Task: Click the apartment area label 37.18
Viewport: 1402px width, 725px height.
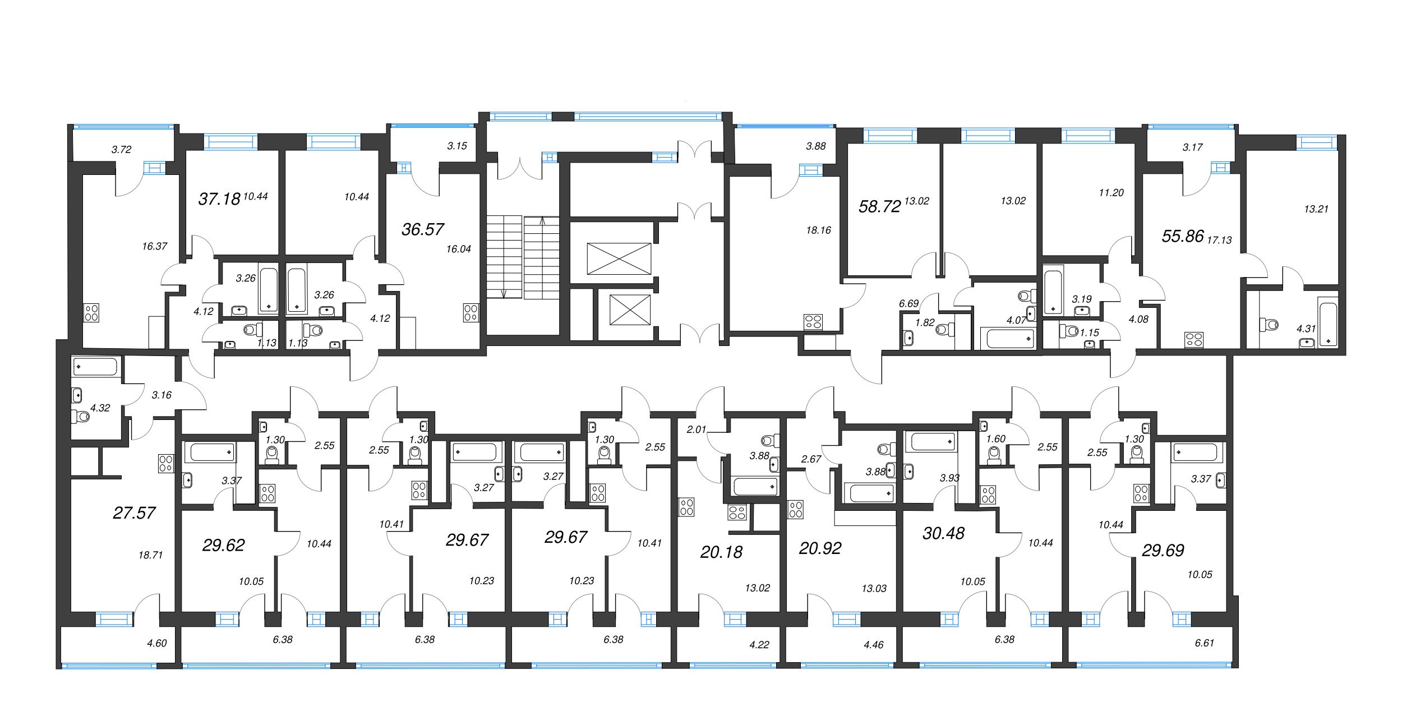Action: [219, 199]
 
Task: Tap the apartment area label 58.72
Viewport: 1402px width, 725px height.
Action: [879, 206]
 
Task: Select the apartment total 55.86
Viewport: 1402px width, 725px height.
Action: [1183, 236]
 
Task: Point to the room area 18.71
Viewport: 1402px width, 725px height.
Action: [150, 555]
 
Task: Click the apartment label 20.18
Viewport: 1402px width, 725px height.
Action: [721, 552]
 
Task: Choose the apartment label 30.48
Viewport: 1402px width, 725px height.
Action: [943, 533]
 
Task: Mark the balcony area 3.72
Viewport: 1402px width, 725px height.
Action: [121, 149]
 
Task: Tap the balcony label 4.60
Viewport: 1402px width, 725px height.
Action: [157, 643]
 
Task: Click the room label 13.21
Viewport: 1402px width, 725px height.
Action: [1316, 209]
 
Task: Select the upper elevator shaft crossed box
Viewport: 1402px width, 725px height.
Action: [619, 258]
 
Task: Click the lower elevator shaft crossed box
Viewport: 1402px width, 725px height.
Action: [630, 310]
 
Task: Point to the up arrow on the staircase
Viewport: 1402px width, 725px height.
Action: [542, 221]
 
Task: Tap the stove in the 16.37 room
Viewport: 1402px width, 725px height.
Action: [91, 313]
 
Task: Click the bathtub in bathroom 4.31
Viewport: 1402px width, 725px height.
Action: [1328, 324]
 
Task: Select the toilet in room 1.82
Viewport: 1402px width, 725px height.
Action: [945, 330]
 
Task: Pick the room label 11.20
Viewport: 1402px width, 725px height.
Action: [1111, 193]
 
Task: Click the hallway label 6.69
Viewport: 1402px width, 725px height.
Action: [908, 303]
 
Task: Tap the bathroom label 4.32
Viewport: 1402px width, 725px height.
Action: [100, 408]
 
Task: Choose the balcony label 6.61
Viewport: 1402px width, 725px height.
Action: [1204, 643]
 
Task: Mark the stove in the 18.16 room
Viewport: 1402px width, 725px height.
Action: [813, 322]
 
